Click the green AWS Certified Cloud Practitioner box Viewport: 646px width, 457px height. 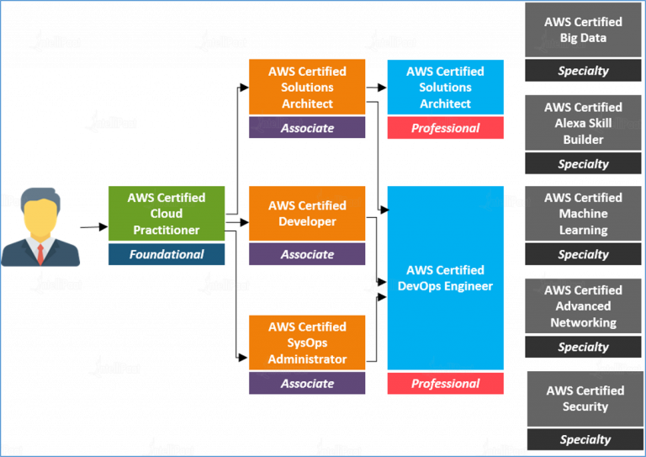point(167,214)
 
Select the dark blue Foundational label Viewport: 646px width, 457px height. point(167,254)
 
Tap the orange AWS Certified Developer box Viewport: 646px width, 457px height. point(307,214)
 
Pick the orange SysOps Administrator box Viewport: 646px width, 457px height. point(307,343)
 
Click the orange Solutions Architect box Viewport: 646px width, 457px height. point(307,87)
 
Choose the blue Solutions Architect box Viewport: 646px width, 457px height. point(445,87)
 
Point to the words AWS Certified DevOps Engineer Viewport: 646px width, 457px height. point(445,279)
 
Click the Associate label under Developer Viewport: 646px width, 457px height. point(307,254)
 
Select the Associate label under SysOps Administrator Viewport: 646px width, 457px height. point(307,383)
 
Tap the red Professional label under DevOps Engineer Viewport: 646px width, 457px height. point(445,384)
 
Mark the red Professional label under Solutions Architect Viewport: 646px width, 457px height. point(445,128)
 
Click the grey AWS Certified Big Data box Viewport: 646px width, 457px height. point(583,29)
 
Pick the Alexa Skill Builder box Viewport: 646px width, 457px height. point(583,123)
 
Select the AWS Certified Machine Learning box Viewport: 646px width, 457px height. point(583,214)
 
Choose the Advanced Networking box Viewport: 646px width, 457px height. point(583,306)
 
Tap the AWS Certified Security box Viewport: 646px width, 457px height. point(585,398)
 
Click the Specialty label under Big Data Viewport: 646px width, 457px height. point(583,71)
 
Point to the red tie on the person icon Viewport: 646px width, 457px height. point(40,254)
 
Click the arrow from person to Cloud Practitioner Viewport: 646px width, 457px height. point(94,226)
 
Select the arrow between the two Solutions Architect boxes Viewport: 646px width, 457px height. point(376,88)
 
